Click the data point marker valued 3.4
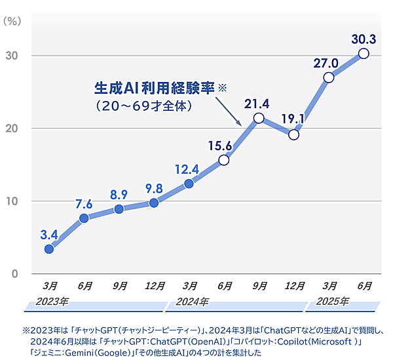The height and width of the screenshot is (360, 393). tap(49, 249)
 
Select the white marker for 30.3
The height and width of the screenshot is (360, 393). tap(364, 53)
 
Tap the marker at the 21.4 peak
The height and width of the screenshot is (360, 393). tap(259, 118)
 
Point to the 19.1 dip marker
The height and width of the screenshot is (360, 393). tap(293, 134)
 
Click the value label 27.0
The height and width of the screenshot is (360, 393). tap(326, 63)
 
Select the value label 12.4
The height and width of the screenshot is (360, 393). tap(187, 170)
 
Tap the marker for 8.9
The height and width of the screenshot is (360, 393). tap(119, 209)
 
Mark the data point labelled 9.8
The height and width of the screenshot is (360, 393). tap(154, 203)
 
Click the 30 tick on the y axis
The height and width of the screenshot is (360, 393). tap(12, 56)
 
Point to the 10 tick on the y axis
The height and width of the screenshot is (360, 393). tap(12, 201)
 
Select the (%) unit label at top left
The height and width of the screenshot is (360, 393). tap(13, 20)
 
